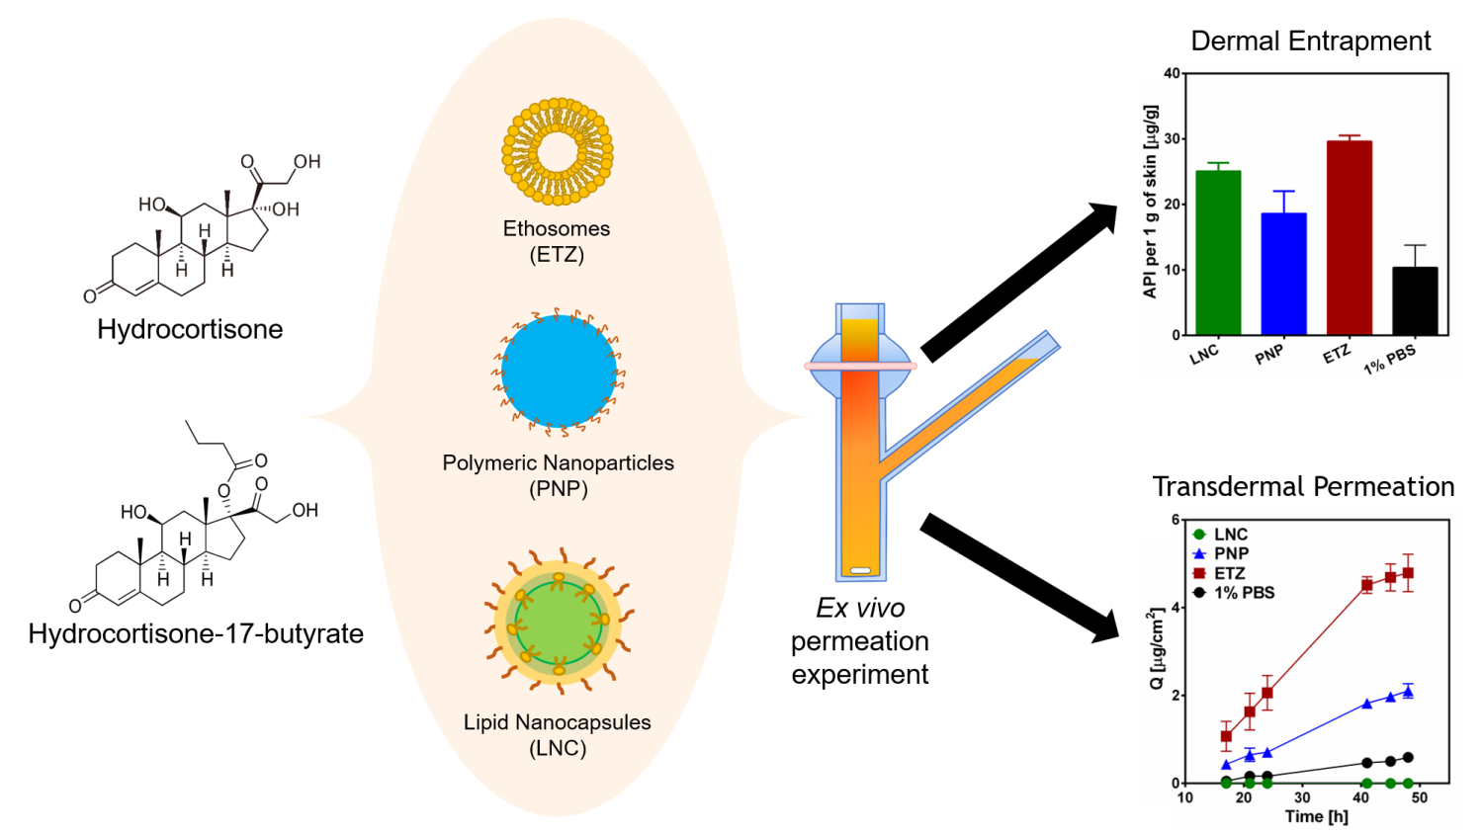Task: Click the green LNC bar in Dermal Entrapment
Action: (x=1218, y=253)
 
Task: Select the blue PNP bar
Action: (x=1283, y=274)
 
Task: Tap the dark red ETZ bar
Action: (x=1350, y=238)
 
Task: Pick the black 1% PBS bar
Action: (x=1415, y=301)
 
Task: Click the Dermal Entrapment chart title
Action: (x=1310, y=42)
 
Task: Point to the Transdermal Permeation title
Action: (x=1303, y=486)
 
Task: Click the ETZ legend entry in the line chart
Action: (x=1219, y=573)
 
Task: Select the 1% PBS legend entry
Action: (x=1234, y=593)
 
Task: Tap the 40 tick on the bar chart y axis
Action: (x=1172, y=73)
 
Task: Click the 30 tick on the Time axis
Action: (x=1302, y=797)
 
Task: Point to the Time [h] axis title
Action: (x=1316, y=816)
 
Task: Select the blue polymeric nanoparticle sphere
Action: (x=559, y=371)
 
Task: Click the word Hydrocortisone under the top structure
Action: (x=190, y=329)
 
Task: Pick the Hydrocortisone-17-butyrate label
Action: (x=196, y=633)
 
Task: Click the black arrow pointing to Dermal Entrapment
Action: (x=1019, y=283)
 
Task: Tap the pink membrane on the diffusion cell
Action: (x=861, y=366)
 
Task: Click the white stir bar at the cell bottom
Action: (x=861, y=570)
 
